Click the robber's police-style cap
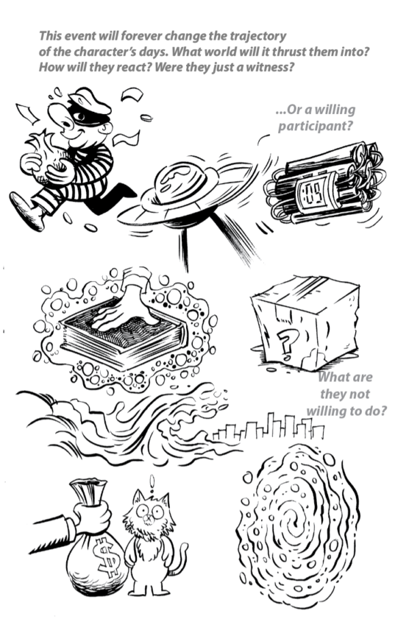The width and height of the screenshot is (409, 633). [89, 101]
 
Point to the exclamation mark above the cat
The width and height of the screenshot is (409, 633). [152, 483]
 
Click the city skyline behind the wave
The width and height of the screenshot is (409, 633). [268, 428]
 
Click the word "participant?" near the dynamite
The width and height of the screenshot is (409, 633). [316, 126]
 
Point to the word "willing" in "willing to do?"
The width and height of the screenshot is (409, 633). [327, 411]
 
